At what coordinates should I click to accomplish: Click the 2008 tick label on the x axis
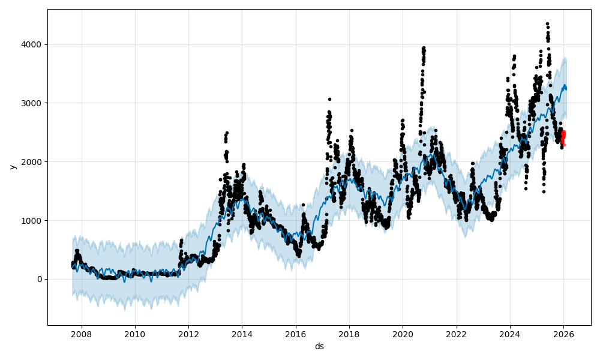point(81,334)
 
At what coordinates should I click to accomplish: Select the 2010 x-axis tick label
point(134,334)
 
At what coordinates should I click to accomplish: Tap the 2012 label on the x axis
point(188,334)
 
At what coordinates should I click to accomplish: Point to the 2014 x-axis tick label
point(242,334)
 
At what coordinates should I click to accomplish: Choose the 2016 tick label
point(295,334)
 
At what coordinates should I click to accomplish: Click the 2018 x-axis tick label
point(349,334)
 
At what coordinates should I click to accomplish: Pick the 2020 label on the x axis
point(403,334)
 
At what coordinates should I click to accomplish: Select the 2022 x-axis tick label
point(456,334)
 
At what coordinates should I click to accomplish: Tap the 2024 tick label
point(510,334)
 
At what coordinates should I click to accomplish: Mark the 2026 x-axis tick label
point(563,334)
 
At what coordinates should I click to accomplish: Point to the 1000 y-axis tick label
point(33,220)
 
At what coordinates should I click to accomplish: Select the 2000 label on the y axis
point(33,162)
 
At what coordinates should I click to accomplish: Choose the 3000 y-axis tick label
point(33,103)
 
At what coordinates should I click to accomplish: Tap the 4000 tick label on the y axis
point(33,44)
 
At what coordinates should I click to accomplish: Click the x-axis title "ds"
point(319,346)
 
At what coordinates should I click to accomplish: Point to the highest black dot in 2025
point(547,24)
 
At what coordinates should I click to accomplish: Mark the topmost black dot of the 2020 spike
point(424,47)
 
